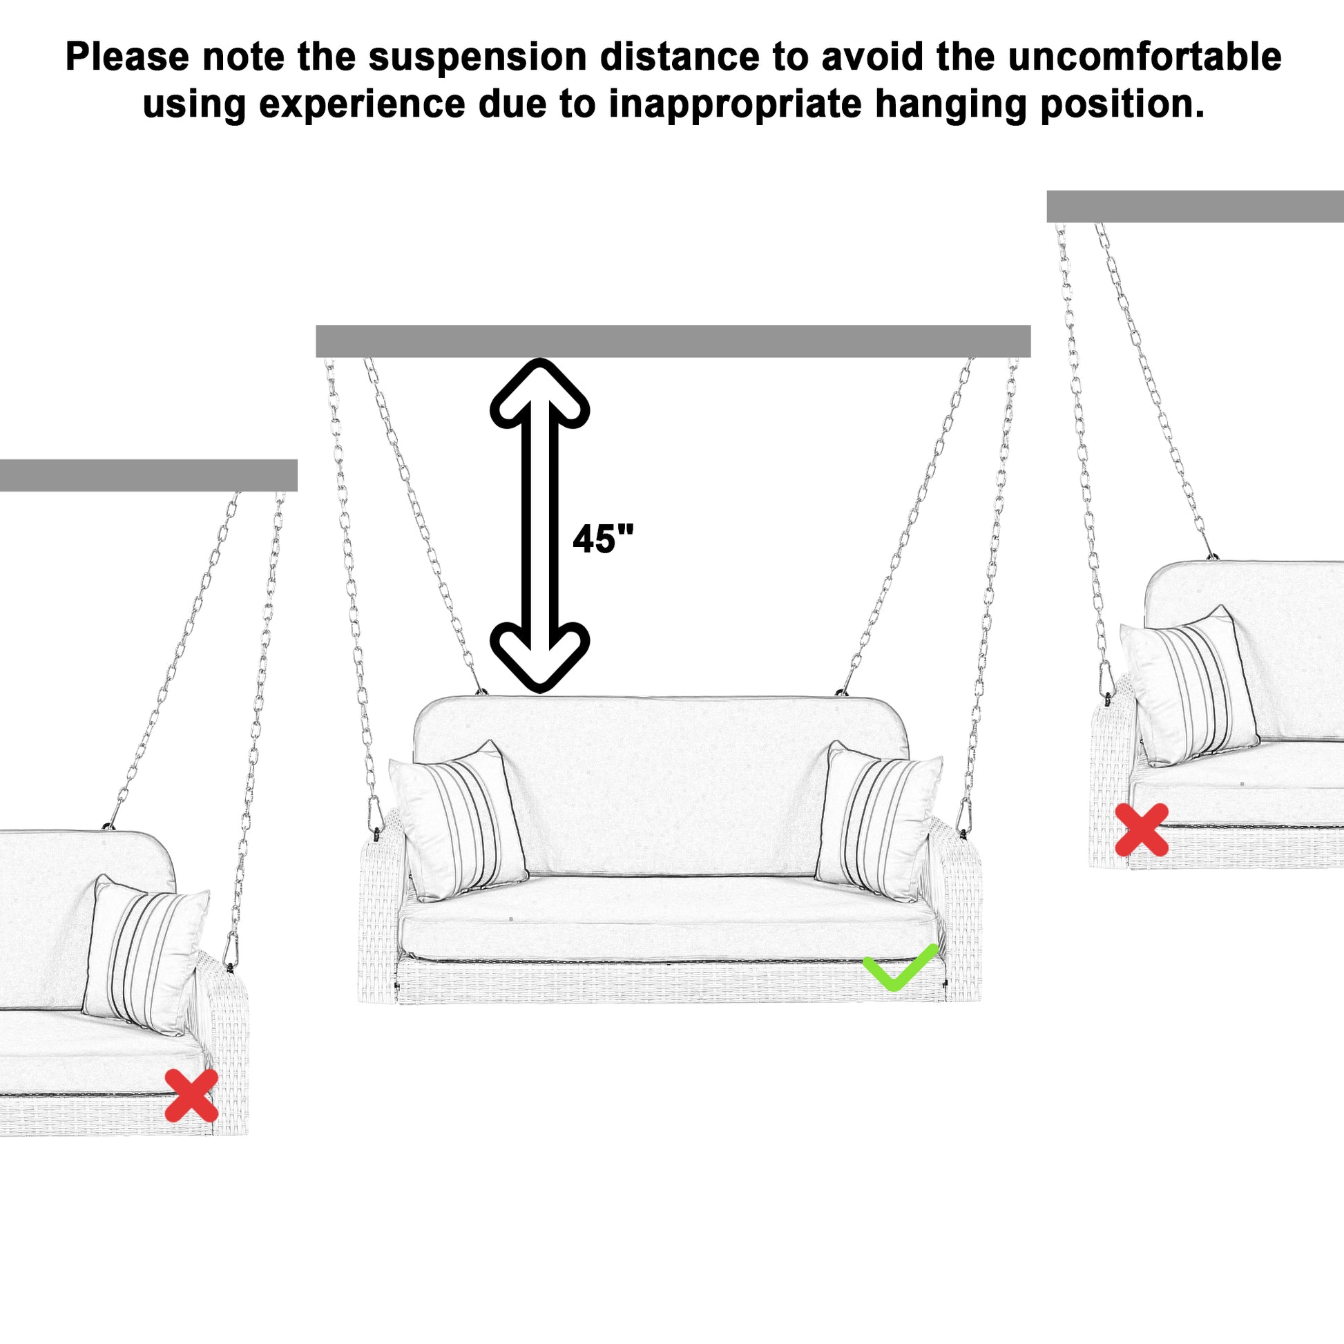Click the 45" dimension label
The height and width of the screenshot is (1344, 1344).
tap(602, 539)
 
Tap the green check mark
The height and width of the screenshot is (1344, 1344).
tap(900, 966)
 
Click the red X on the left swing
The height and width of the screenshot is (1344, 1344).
tap(191, 1095)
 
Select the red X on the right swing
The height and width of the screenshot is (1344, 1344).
tap(1142, 829)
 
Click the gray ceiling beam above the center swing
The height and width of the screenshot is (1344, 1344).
tap(673, 341)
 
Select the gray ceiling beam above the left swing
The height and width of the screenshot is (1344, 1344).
tap(148, 475)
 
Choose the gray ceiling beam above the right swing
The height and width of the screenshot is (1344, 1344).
tap(1194, 207)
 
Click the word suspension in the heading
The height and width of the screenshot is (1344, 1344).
tap(477, 57)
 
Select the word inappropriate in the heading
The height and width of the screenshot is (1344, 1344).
tap(736, 104)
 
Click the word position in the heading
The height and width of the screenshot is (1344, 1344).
tap(1122, 104)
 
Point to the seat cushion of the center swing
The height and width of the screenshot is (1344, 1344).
tap(668, 920)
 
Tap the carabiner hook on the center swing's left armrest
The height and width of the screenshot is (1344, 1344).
tap(375, 814)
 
